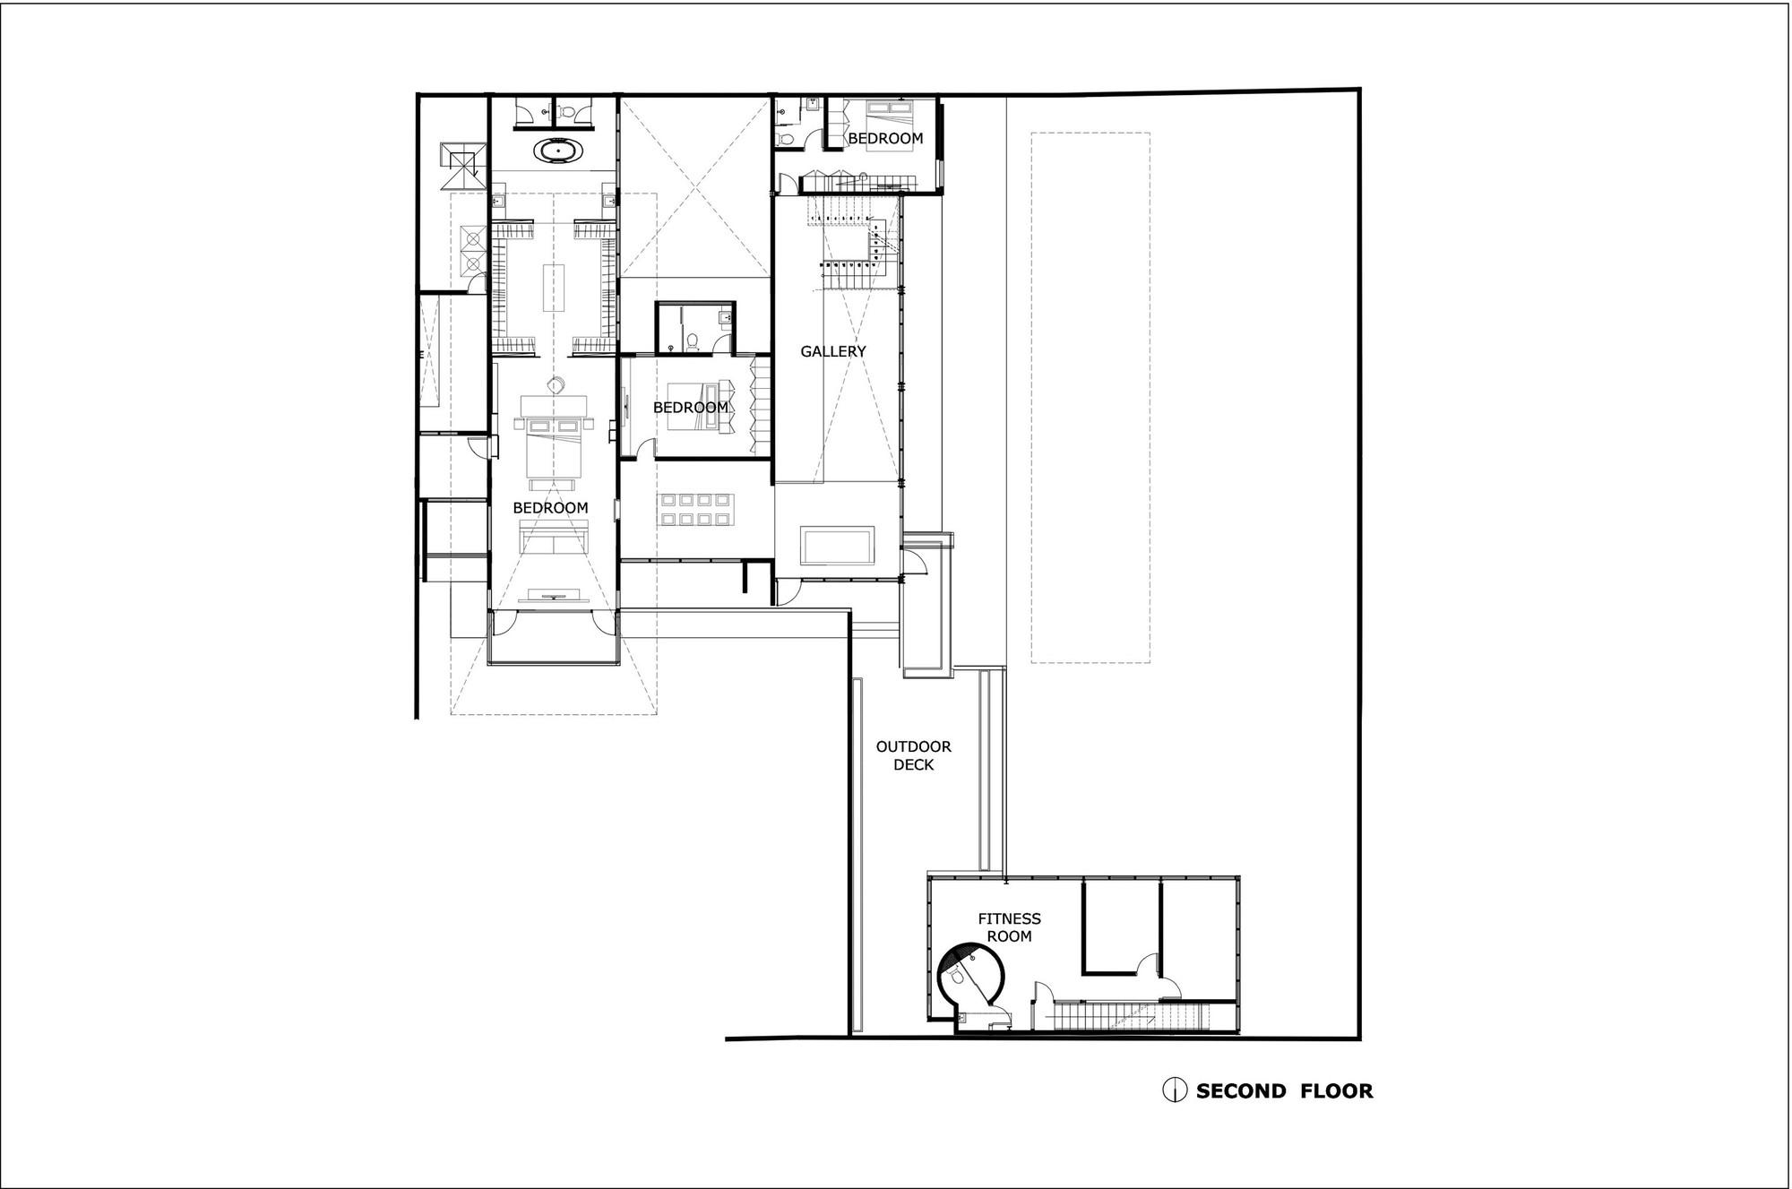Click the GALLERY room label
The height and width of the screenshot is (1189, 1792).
833,352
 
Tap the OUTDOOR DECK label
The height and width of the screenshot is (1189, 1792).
914,755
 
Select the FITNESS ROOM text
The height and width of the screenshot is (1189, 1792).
1009,927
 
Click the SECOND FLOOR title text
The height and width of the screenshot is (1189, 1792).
1284,1090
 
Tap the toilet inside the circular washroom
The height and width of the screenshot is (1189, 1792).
957,978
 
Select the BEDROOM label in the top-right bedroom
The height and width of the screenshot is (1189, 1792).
885,139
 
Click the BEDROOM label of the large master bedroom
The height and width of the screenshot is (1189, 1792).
550,508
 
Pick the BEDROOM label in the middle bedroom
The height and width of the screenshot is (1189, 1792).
690,408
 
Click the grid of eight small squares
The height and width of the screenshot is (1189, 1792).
697,510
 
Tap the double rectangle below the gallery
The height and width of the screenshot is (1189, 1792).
838,547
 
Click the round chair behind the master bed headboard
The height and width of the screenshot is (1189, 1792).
556,385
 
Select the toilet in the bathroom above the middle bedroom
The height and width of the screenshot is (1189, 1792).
693,341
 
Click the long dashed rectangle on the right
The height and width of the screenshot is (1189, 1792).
1090,398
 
